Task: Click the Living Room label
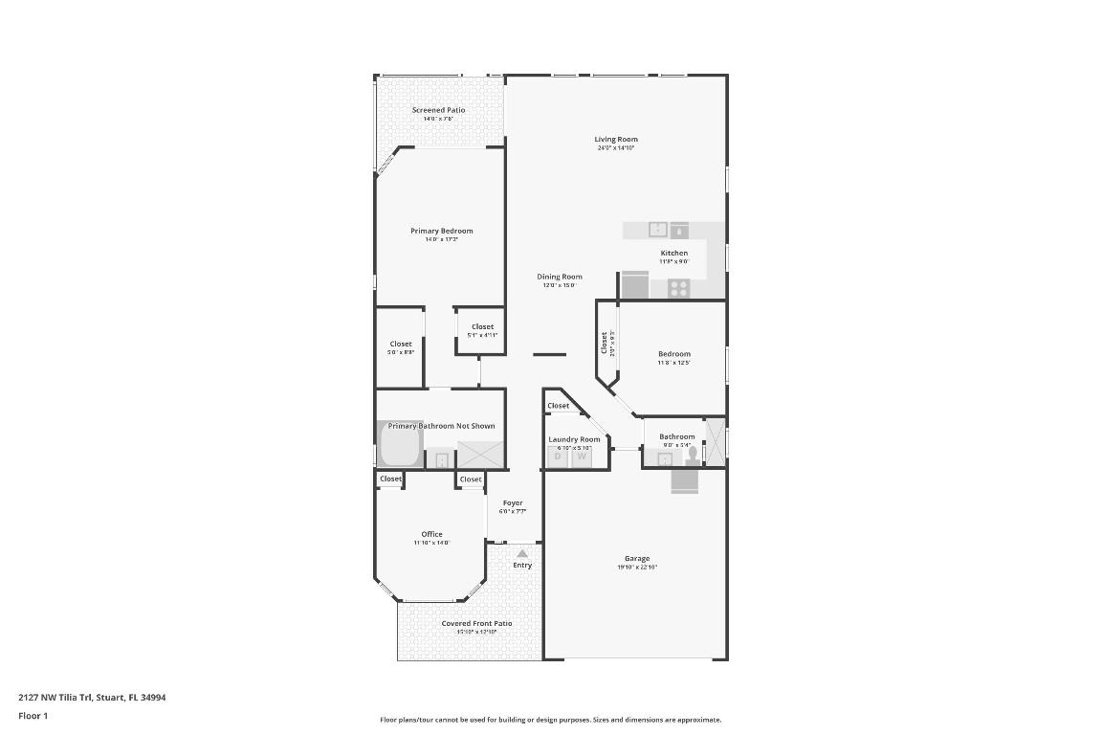click(616, 140)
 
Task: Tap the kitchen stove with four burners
click(679, 286)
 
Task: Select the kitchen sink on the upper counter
click(658, 230)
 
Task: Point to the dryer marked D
click(558, 457)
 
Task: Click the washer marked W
click(581, 457)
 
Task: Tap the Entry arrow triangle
click(522, 553)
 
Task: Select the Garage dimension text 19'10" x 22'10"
click(637, 568)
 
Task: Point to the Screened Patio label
click(438, 110)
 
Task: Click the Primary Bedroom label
click(441, 231)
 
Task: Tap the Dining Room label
click(560, 277)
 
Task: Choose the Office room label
click(431, 534)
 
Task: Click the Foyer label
click(513, 502)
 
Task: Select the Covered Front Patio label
click(476, 623)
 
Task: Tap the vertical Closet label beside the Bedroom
click(605, 343)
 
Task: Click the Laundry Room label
click(574, 439)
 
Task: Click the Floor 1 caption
click(33, 716)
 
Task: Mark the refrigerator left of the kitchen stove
click(635, 285)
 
